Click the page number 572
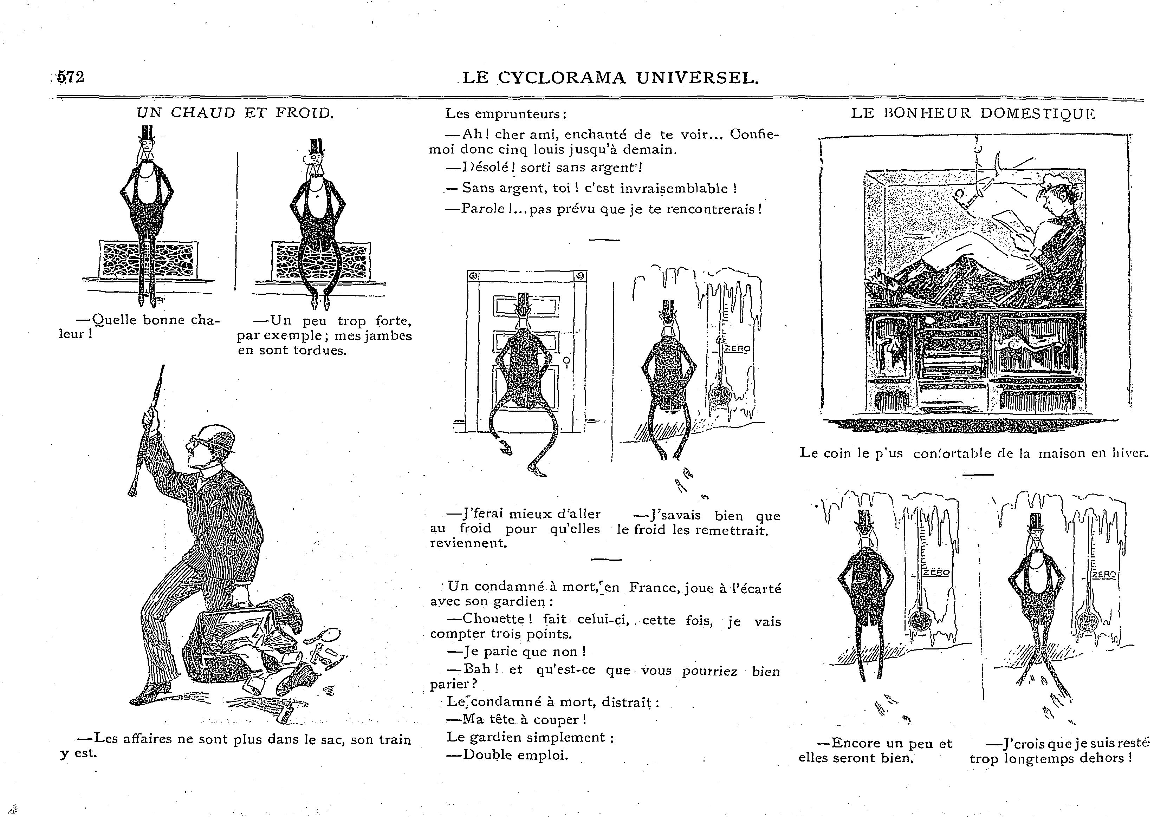pos(71,77)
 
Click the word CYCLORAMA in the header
pos(563,78)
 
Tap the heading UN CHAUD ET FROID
pos(235,113)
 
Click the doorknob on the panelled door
pos(567,361)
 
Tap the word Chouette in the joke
pos(493,619)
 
